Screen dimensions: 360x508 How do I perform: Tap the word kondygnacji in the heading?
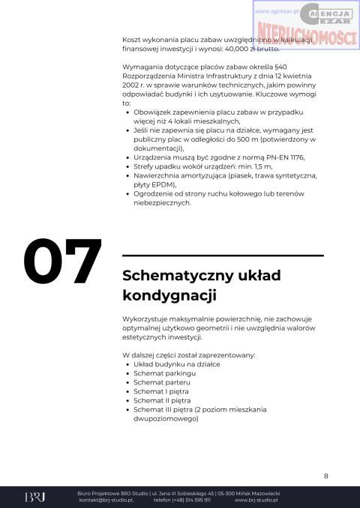click(x=169, y=295)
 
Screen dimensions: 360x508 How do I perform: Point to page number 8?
click(x=325, y=476)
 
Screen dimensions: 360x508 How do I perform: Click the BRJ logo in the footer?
click(x=34, y=497)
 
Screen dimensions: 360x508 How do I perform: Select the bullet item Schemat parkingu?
click(x=164, y=372)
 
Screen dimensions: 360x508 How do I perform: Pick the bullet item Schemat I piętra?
click(x=161, y=391)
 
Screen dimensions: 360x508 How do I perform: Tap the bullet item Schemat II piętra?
click(x=163, y=400)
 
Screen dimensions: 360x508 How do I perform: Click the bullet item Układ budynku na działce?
click(x=176, y=363)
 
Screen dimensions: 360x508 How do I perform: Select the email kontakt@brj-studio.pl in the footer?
click(x=106, y=500)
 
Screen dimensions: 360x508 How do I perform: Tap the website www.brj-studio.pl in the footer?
click(x=258, y=500)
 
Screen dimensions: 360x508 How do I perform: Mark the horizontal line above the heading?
click(x=223, y=255)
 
